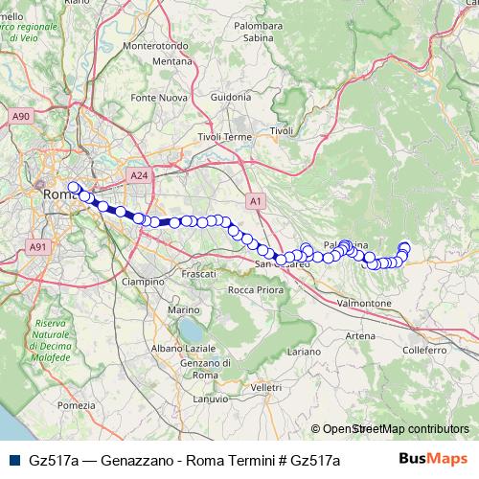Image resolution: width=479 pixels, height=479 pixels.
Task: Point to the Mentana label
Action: (x=172, y=61)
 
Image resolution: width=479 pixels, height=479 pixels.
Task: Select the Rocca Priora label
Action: (x=255, y=289)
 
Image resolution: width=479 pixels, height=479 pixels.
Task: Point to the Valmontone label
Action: (x=362, y=302)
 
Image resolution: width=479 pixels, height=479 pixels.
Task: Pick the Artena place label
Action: (x=360, y=335)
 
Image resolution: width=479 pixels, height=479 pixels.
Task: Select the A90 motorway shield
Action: (x=22, y=116)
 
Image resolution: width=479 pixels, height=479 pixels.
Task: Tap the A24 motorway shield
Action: (x=139, y=175)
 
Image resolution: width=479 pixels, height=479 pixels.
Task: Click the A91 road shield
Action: (x=38, y=246)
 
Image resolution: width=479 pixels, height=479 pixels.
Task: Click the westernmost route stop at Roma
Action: (x=74, y=188)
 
